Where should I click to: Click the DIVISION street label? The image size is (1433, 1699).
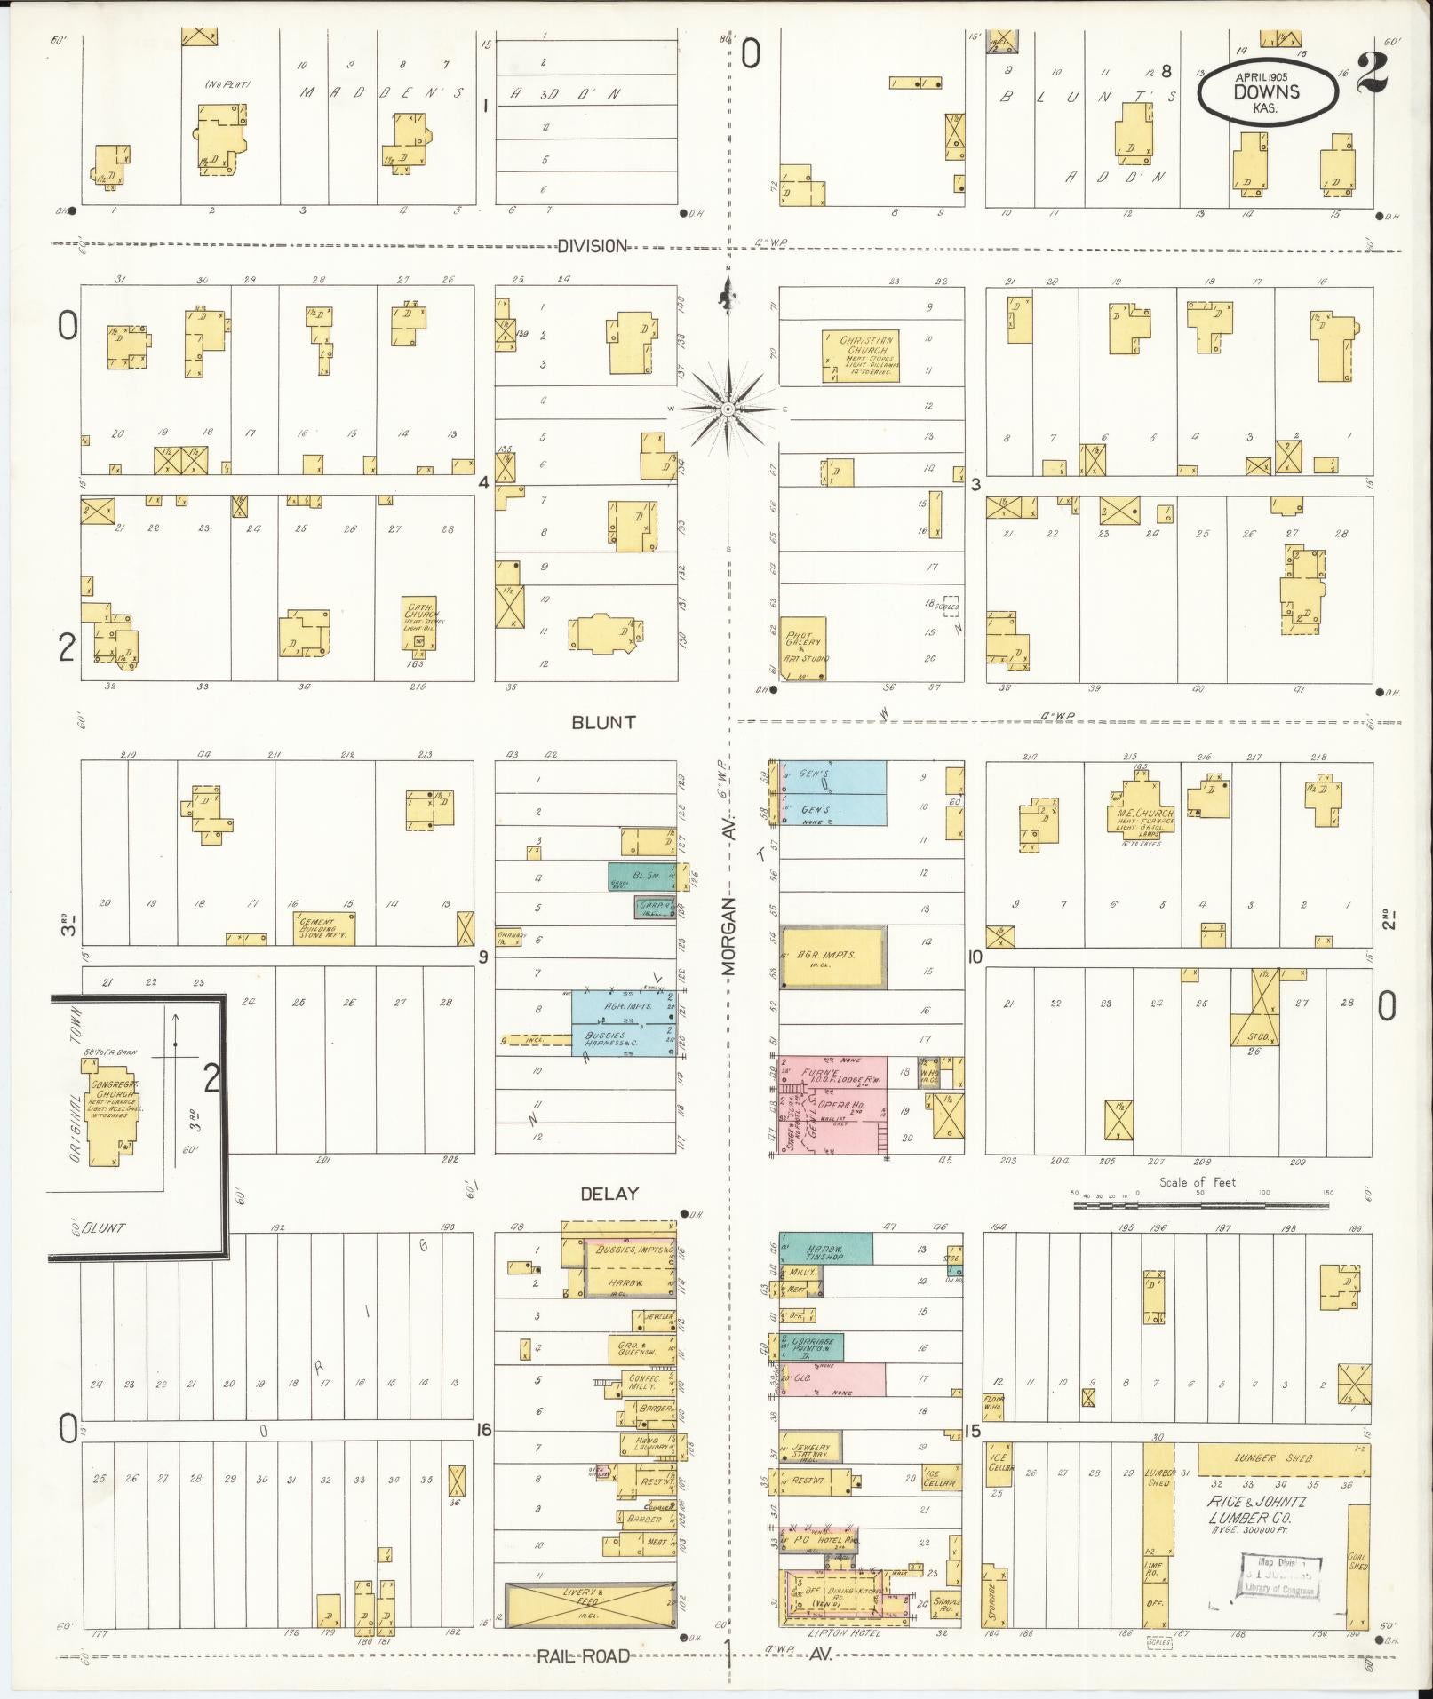click(x=592, y=246)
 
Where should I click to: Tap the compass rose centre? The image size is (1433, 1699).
click(x=728, y=408)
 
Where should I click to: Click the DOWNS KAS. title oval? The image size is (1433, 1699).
click(x=1267, y=92)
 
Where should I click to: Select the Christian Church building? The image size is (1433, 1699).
click(x=860, y=356)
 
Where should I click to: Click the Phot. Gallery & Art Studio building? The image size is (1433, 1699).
click(x=803, y=648)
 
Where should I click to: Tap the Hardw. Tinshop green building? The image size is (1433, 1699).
click(x=825, y=1248)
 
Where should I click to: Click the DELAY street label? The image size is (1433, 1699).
click(x=609, y=1193)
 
